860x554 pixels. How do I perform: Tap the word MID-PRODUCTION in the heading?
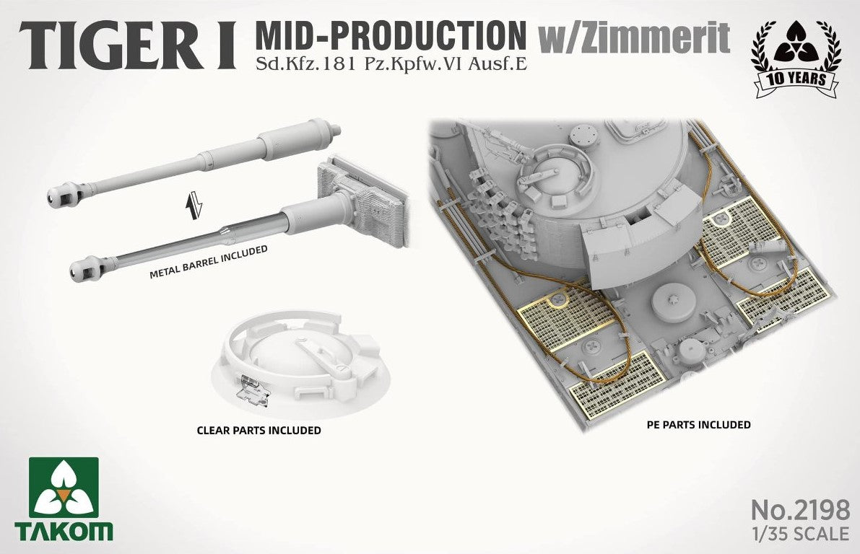click(390, 35)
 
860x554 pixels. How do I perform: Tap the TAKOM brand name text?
click(64, 532)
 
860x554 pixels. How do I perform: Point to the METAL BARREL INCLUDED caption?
click(209, 261)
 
